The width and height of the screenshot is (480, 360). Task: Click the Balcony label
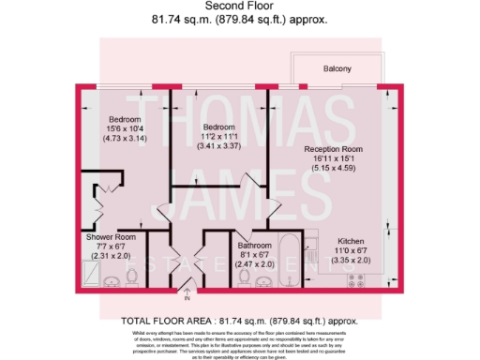pyautogui.click(x=338, y=69)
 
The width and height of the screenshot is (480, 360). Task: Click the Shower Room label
pyautogui.click(x=113, y=238)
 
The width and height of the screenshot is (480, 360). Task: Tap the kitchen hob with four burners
pyautogui.click(x=358, y=277)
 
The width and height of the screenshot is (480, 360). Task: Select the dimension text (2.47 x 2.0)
pyautogui.click(x=255, y=265)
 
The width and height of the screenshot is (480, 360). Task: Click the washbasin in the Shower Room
pyautogui.click(x=111, y=280)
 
